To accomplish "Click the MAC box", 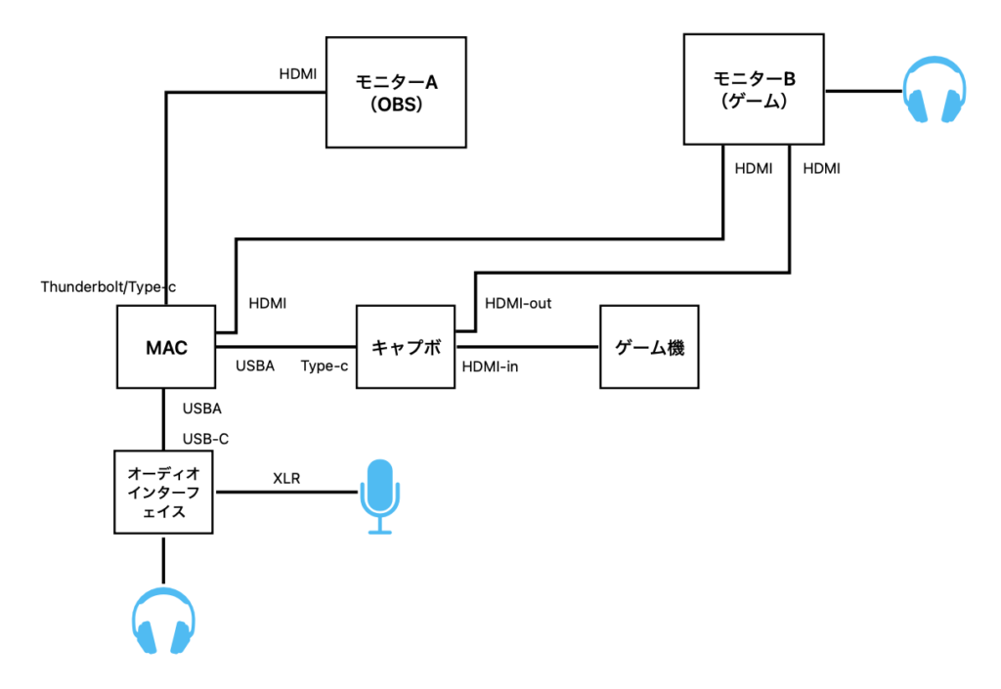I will coord(165,347).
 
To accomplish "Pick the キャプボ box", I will coord(407,347).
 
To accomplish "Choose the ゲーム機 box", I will coord(650,347).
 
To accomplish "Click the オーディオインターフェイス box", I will coord(163,492).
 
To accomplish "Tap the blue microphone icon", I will coord(379,496).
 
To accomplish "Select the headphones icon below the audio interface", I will coord(163,624).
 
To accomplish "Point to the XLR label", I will coord(286,479).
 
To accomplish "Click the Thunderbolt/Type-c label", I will coord(108,287).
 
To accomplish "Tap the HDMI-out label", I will coord(518,304).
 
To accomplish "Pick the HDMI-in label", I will coord(490,366).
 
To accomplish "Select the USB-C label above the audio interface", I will coord(205,439).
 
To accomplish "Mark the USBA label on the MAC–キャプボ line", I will coord(255,366).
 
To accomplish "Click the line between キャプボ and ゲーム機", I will coord(529,347).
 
